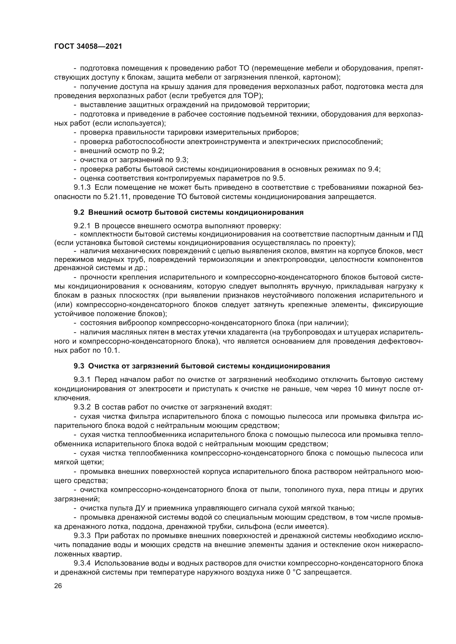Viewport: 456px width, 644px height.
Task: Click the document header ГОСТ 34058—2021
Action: [x=88, y=47]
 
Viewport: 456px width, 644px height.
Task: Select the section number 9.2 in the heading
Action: [x=79, y=212]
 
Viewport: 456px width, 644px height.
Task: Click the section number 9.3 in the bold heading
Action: [x=79, y=366]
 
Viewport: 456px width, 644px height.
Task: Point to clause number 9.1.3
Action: [x=82, y=188]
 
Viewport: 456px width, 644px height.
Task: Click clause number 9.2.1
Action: [x=82, y=226]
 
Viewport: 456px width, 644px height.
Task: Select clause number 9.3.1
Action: [x=82, y=380]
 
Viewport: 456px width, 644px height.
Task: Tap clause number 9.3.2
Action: [x=82, y=407]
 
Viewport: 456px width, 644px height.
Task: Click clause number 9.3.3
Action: [x=82, y=536]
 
